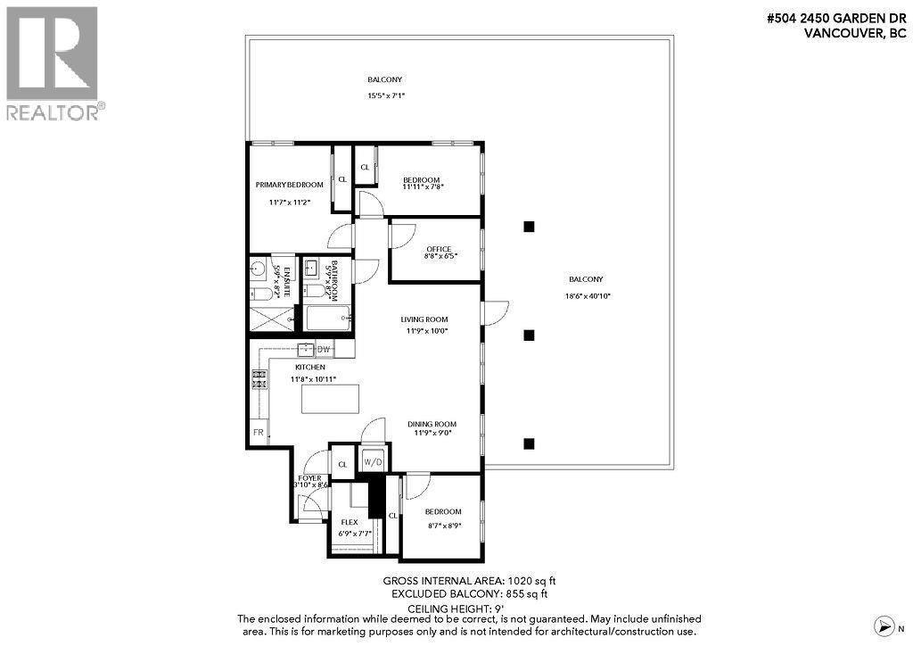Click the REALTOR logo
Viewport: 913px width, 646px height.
point(53,62)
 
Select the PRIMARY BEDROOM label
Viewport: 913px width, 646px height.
point(289,185)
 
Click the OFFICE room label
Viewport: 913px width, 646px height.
point(439,249)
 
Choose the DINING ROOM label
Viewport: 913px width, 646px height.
point(432,424)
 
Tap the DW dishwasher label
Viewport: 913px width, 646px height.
point(324,349)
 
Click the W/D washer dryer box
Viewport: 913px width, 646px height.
point(372,462)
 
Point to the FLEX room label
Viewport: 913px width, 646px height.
point(348,522)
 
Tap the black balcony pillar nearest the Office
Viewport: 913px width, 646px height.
point(529,227)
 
